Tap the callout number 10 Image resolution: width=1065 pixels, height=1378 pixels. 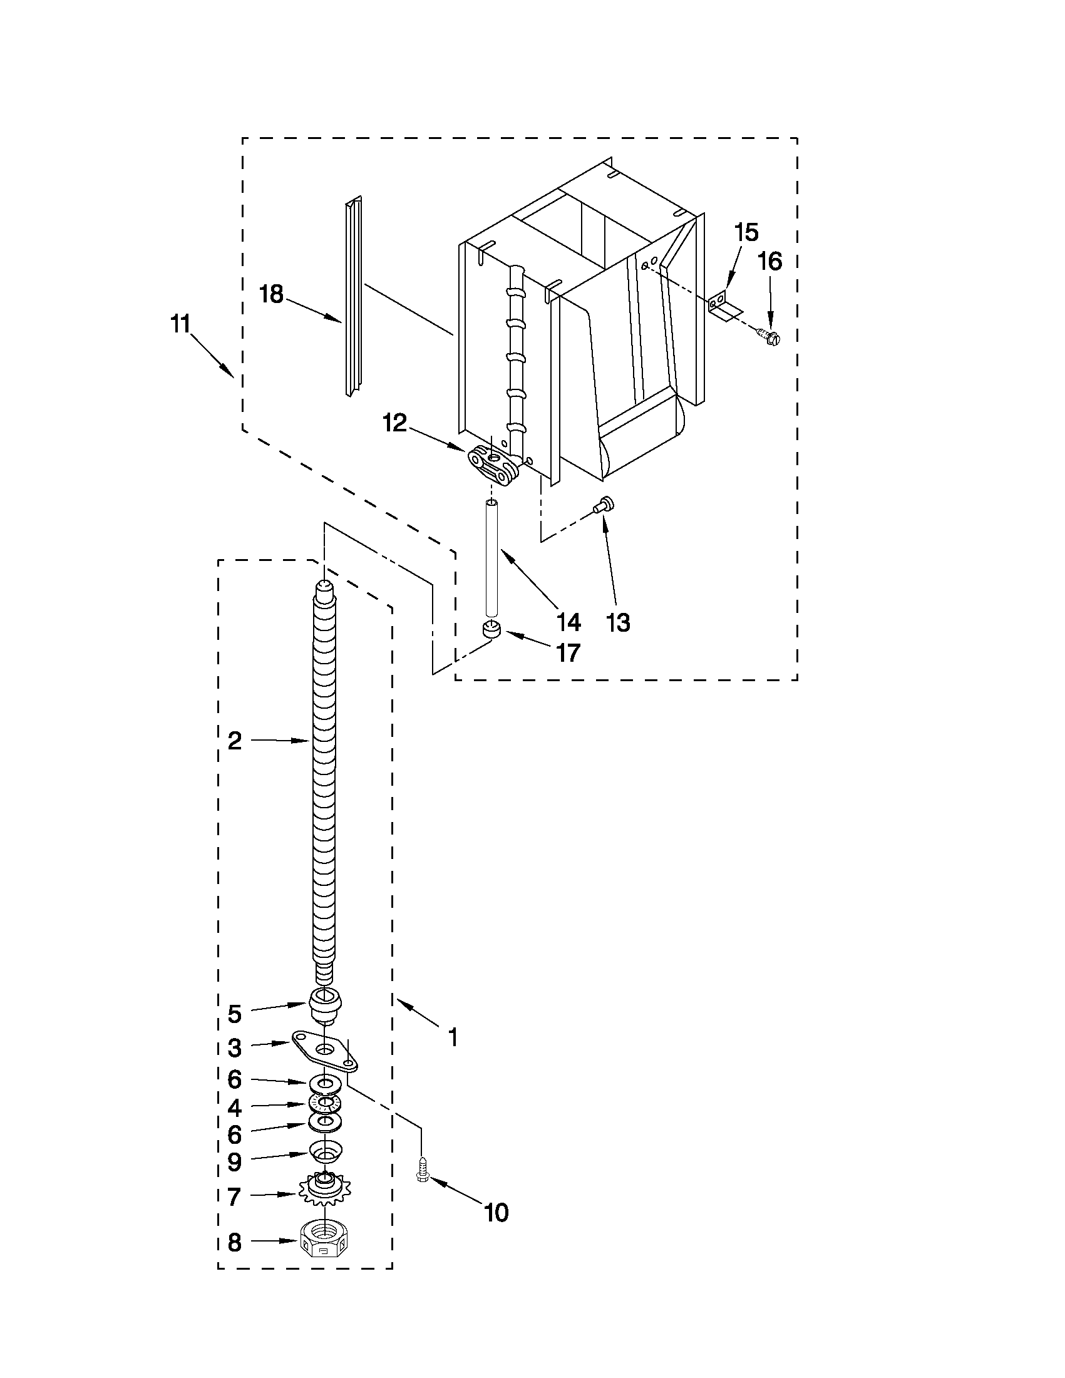pyautogui.click(x=496, y=1213)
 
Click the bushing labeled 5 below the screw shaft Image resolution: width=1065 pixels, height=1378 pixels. pyautogui.click(x=326, y=1003)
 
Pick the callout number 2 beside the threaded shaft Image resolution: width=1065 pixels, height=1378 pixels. pyautogui.click(x=234, y=741)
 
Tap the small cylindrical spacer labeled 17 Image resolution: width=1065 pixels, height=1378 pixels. pyautogui.click(x=490, y=629)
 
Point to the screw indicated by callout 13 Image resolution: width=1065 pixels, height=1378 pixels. pyautogui.click(x=605, y=504)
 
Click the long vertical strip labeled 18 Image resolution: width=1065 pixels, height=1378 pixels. pyautogui.click(x=354, y=297)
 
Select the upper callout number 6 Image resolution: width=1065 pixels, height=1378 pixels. pyautogui.click(x=234, y=1079)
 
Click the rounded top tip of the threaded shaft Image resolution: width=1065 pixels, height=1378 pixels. pyautogui.click(x=324, y=586)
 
